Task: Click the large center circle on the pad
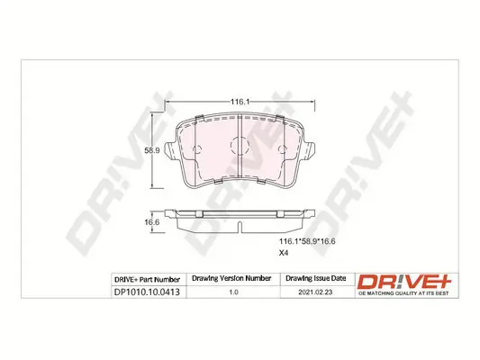pos(239,144)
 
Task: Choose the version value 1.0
pos(232,293)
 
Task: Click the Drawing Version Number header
pos(232,279)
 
